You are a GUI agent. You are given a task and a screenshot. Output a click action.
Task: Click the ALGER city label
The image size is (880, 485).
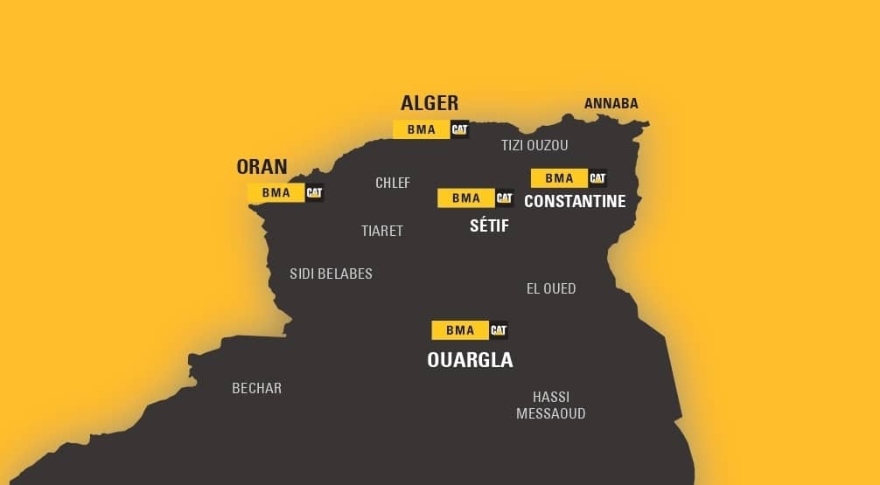(429, 103)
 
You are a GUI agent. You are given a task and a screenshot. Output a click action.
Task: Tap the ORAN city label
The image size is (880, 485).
(262, 167)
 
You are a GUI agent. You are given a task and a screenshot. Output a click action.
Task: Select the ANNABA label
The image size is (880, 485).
(611, 103)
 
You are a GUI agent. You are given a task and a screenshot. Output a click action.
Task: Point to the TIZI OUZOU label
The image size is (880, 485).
(534, 145)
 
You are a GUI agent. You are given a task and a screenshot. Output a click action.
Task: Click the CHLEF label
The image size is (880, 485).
(393, 183)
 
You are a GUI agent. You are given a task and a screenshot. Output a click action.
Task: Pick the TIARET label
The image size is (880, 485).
(382, 231)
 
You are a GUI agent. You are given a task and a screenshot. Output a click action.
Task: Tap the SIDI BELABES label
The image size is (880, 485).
(331, 274)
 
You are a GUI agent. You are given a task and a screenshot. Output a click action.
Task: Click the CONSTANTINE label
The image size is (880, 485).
(575, 202)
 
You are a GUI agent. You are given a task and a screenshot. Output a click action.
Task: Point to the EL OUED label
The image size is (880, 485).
(551, 288)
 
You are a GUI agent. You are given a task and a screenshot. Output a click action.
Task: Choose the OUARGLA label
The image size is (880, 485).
(470, 360)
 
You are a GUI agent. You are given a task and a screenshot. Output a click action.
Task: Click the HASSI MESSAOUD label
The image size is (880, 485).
(551, 405)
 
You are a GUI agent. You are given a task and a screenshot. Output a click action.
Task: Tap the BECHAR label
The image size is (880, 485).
(256, 388)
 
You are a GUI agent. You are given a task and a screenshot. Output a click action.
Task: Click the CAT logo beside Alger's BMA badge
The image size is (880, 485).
(459, 129)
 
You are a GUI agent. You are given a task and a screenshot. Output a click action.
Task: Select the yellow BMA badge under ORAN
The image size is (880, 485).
(276, 192)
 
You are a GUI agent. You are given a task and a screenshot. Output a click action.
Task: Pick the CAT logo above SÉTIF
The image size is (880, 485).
(504, 198)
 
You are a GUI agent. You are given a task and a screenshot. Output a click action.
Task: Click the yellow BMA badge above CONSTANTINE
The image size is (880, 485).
(559, 178)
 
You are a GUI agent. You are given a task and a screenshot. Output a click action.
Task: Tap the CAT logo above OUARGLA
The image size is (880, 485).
(499, 330)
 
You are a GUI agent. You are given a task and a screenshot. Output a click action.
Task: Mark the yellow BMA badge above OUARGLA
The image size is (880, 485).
(460, 330)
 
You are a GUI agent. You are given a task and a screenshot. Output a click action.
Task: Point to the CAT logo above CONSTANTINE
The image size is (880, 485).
(597, 178)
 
